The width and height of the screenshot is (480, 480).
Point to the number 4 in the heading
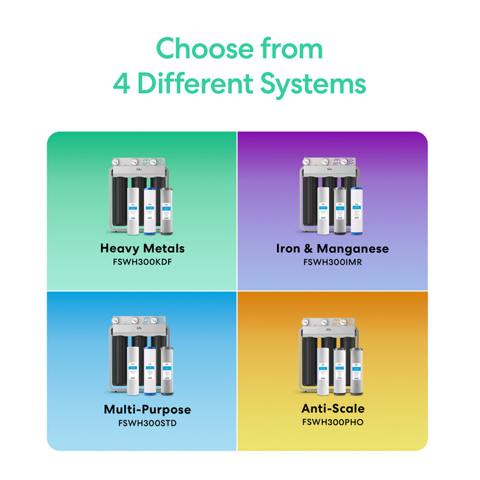click(122, 84)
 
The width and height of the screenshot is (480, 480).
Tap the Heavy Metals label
click(142, 248)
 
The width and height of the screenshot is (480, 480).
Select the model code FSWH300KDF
click(142, 261)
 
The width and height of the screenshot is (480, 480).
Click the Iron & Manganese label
click(333, 248)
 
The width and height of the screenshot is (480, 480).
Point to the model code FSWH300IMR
click(333, 261)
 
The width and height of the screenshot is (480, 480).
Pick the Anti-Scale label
click(333, 409)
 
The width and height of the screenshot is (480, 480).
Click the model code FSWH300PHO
click(333, 422)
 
